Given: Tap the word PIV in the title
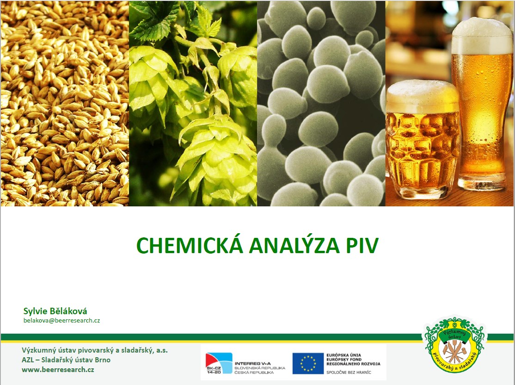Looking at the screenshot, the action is click(362, 245).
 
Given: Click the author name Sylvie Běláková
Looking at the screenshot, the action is click(55, 311).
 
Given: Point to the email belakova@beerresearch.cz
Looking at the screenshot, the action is click(62, 321).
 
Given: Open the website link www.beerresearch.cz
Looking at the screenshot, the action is click(58, 370).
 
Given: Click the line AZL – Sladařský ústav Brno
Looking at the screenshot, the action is click(66, 360).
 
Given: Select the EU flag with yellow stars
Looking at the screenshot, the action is click(308, 363).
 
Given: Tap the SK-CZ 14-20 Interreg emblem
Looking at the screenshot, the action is click(219, 363).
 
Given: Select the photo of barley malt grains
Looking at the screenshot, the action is click(64, 103).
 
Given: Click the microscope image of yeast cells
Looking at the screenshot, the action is click(321, 103).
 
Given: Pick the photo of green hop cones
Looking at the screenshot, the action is click(193, 103).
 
